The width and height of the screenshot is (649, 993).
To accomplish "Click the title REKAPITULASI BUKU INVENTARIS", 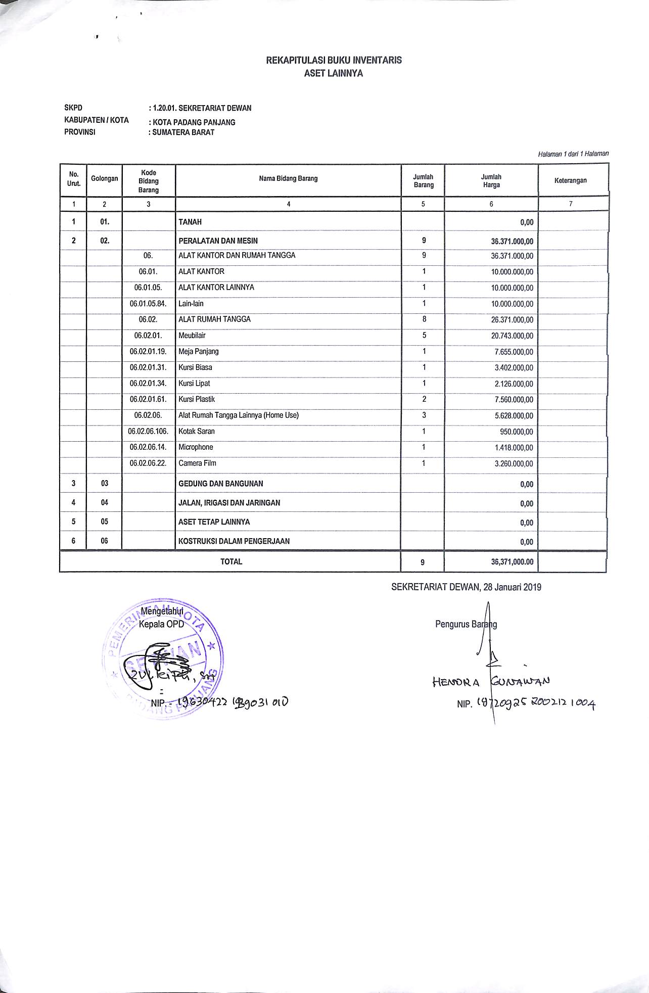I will (334, 60).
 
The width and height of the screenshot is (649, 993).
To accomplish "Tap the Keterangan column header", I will (570, 180).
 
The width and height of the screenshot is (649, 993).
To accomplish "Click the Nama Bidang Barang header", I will (288, 178).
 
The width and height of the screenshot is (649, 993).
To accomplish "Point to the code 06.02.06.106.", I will (148, 432).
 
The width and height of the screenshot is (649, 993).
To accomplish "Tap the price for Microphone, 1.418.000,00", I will (514, 448).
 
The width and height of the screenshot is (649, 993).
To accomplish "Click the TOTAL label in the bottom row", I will (231, 561).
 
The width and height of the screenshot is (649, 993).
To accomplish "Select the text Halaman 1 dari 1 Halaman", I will (573, 154).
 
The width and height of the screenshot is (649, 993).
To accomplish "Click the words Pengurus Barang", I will (466, 624).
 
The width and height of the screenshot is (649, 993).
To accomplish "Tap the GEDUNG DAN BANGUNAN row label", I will (221, 484).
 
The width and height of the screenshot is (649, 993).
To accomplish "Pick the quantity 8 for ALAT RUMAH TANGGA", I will (424, 319).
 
